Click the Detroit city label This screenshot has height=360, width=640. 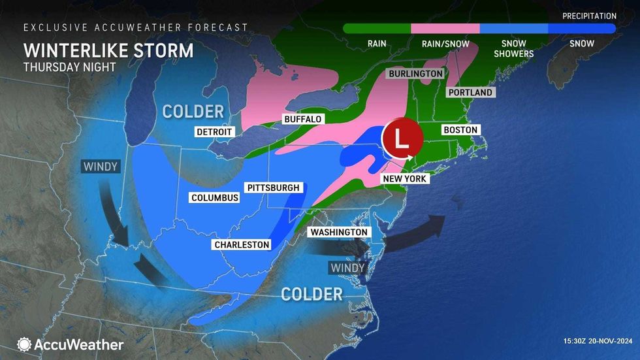pos(215,131)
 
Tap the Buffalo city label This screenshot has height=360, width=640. pos(302,120)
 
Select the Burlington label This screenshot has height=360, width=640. pos(415,74)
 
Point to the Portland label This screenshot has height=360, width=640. pos(470,93)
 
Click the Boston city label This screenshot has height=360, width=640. pos(461,130)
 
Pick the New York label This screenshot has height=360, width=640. pos(404,178)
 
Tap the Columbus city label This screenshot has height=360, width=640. pos(215,197)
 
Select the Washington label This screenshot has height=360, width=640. pos(339,232)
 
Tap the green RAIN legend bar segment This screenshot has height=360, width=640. pos(377,29)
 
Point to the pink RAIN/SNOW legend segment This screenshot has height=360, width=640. pos(445,29)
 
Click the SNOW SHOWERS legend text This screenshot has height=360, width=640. pos(513,48)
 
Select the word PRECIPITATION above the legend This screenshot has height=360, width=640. pos(589,16)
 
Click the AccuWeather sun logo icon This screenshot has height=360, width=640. pos(25,344)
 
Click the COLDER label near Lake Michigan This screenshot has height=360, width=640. pos(193,111)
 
